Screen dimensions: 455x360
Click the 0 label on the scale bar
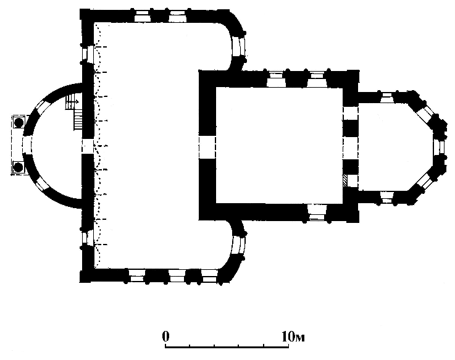(x=165, y=336)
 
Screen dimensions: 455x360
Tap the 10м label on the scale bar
(x=293, y=337)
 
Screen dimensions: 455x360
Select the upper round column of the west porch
(x=19, y=122)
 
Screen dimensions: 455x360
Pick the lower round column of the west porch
(x=19, y=167)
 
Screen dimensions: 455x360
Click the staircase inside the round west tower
(x=74, y=112)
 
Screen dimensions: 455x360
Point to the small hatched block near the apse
(x=345, y=181)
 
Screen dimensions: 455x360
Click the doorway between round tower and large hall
(x=88, y=146)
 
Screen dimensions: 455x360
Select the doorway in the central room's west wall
(x=207, y=148)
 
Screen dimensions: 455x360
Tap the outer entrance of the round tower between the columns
(x=27, y=145)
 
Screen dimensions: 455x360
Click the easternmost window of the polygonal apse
(x=440, y=147)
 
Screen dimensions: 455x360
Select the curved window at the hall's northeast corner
(x=239, y=47)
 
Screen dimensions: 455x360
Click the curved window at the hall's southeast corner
(x=239, y=246)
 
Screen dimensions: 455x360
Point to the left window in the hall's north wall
(x=143, y=16)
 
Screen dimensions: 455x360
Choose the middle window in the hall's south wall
(x=177, y=276)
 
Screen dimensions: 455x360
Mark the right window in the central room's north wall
(x=317, y=79)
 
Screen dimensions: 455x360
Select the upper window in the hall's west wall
(x=88, y=54)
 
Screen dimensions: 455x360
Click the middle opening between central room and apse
(x=351, y=148)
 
